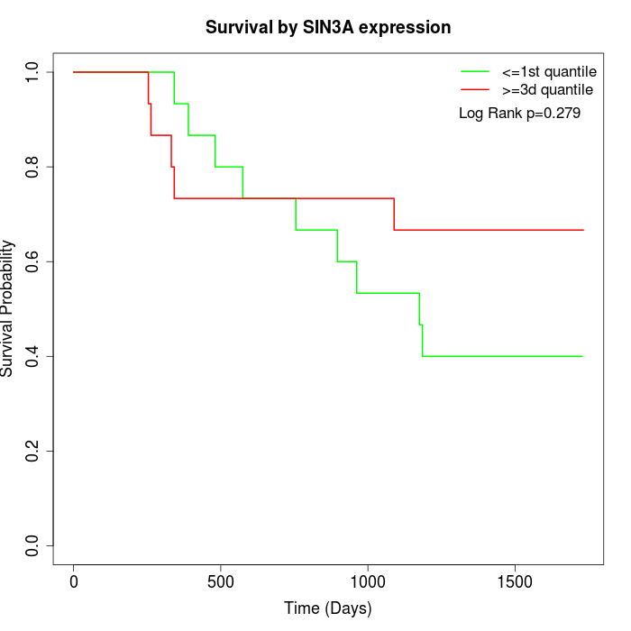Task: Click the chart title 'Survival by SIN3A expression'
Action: pyautogui.click(x=328, y=27)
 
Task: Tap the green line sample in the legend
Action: pyautogui.click(x=475, y=71)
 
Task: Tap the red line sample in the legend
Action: pyautogui.click(x=475, y=89)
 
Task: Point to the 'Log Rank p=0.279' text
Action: pyautogui.click(x=519, y=114)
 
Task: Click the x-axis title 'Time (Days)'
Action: pyautogui.click(x=328, y=608)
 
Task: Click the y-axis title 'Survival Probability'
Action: pyautogui.click(x=8, y=308)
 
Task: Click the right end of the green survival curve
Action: pyautogui.click(x=582, y=356)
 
